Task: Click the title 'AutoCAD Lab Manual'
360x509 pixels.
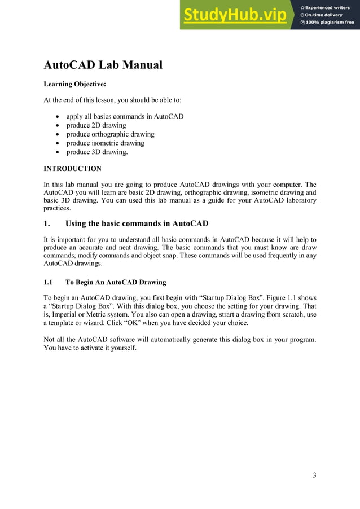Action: (103, 65)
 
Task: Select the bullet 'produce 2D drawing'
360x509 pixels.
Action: (96, 125)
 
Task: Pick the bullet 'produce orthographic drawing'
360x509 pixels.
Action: (110, 134)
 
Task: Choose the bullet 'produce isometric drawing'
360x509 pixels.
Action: (105, 143)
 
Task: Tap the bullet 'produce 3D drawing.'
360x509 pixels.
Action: (97, 152)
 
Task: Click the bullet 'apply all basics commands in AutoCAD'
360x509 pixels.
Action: (125, 116)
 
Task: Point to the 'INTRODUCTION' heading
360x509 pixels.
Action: (72, 169)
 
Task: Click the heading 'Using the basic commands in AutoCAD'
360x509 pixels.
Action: (137, 223)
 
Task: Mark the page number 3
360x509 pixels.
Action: (314, 475)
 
